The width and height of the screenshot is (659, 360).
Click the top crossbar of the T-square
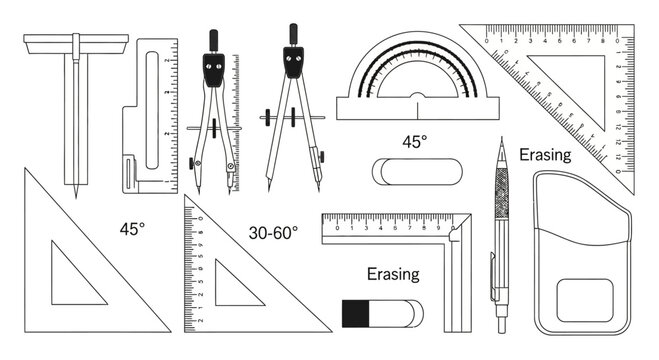tap(76, 42)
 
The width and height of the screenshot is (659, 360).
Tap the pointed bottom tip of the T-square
tap(75, 190)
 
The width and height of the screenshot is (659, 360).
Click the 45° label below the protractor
tap(415, 141)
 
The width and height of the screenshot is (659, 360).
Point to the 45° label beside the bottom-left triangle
tap(132, 228)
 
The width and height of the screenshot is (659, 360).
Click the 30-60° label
tap(273, 233)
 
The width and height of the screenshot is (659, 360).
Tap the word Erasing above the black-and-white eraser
tap(393, 273)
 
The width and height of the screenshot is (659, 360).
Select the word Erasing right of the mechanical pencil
tap(544, 155)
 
